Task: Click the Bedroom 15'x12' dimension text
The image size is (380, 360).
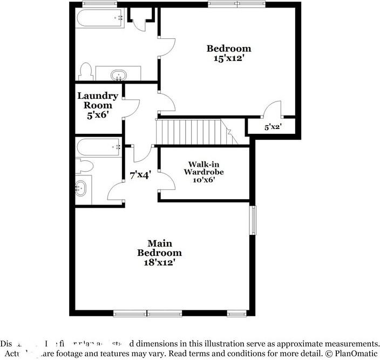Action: tap(229, 58)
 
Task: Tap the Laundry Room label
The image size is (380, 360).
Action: tap(98, 101)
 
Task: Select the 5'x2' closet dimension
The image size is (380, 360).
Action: tap(273, 128)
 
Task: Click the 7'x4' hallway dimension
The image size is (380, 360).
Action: tap(140, 175)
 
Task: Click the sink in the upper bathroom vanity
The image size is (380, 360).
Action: tap(118, 74)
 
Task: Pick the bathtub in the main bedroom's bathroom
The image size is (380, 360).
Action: tap(98, 146)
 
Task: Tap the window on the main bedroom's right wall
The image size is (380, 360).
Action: tap(252, 219)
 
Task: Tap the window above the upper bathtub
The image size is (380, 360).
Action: tap(100, 4)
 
